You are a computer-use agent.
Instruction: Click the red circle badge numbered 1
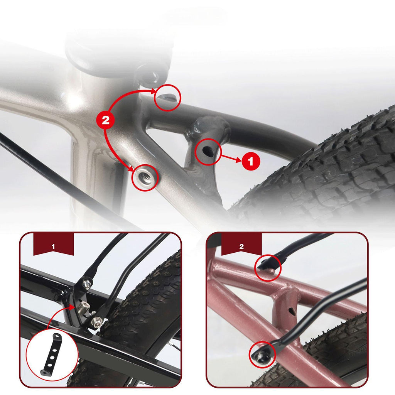pyautogui.click(x=251, y=161)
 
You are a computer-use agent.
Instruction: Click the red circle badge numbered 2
pyautogui.click(x=106, y=120)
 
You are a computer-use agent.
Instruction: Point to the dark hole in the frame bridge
pyautogui.click(x=208, y=151)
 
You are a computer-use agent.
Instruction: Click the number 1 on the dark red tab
pyautogui.click(x=53, y=246)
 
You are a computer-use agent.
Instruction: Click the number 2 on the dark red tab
pyautogui.click(x=241, y=246)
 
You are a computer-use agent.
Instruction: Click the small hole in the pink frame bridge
pyautogui.click(x=292, y=311)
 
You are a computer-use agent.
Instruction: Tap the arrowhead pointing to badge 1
pyautogui.click(x=238, y=160)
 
